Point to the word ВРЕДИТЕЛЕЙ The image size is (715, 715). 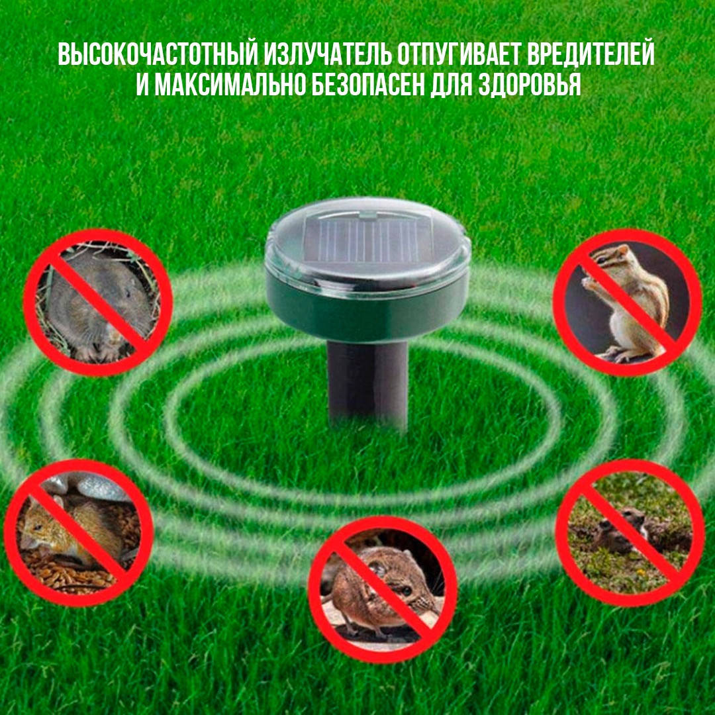[592, 55]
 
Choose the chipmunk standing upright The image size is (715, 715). [626, 298]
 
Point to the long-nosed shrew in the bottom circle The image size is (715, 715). [377, 583]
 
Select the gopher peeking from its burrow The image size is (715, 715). [619, 530]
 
